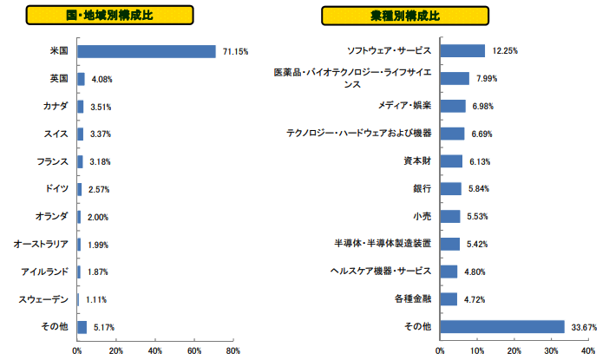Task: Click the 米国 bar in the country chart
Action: [146, 51]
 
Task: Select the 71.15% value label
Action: [235, 51]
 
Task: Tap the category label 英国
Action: [59, 79]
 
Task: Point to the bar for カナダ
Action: [81, 107]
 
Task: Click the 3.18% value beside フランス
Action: [101, 161]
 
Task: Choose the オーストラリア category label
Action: [42, 245]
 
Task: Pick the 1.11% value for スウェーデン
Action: [96, 299]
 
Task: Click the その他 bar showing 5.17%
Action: [82, 327]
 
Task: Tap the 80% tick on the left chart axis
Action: [232, 351]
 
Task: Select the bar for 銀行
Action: [451, 188]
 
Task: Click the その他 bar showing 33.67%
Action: [502, 326]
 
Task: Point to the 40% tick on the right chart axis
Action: [587, 351]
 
